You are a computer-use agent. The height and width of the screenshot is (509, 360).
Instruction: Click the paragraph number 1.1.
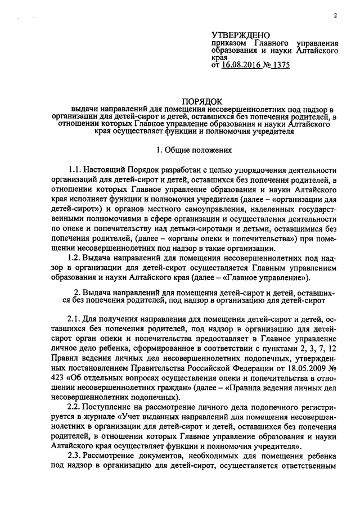(75, 170)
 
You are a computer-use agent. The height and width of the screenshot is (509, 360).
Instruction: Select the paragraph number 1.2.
(75, 257)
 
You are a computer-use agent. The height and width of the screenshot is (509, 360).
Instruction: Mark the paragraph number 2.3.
(75, 456)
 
